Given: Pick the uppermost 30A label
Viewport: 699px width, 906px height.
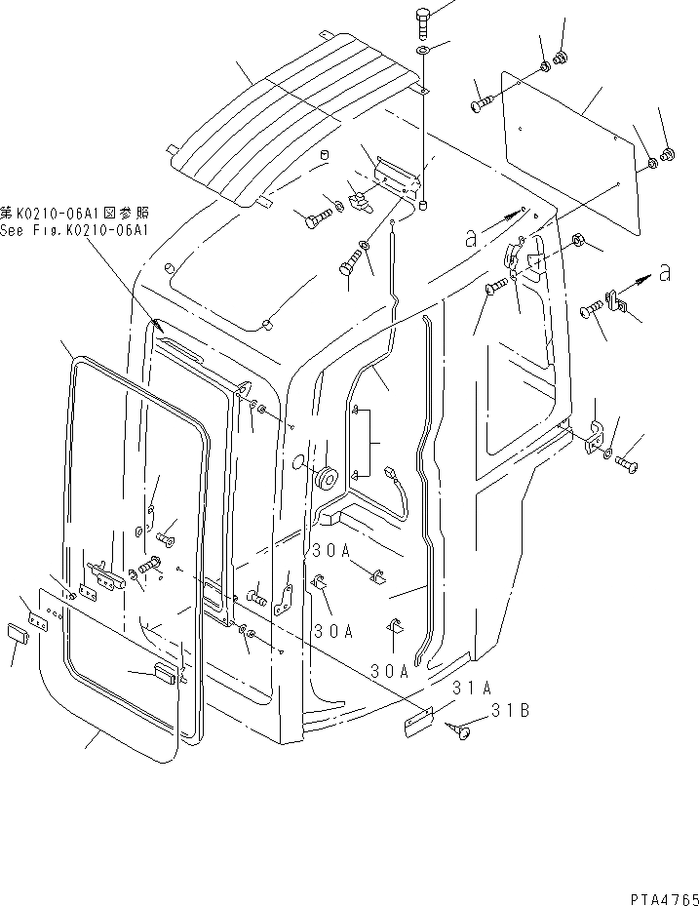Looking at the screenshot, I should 330,551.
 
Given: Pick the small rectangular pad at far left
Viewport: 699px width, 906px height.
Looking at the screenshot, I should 17,633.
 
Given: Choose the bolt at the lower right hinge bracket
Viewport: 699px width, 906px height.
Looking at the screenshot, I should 628,466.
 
